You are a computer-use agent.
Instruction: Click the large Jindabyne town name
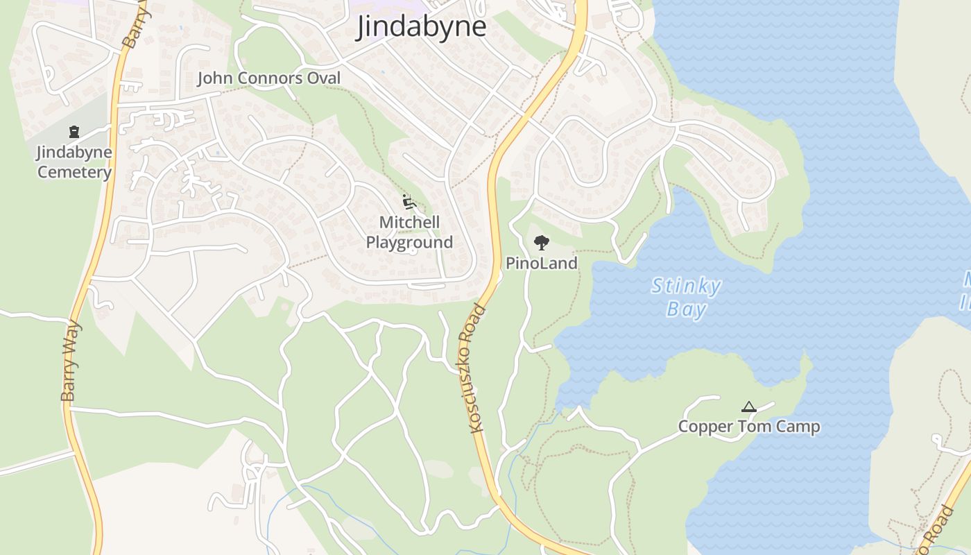(x=421, y=28)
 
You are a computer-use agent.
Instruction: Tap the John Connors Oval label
(x=269, y=78)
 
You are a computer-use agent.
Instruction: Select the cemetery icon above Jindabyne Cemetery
(x=74, y=132)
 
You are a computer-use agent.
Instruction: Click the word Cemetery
(x=74, y=173)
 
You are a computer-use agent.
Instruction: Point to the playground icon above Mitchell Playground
(x=409, y=203)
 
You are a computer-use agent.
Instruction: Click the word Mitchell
(x=409, y=223)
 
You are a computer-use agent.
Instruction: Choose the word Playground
(x=409, y=243)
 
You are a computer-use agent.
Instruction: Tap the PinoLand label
(x=542, y=263)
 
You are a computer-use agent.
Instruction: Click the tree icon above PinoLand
(x=542, y=243)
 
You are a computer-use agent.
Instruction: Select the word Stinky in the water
(x=686, y=287)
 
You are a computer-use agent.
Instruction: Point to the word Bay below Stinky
(x=686, y=309)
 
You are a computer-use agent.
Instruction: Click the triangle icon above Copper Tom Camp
(x=748, y=407)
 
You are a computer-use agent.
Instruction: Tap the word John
(x=214, y=78)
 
